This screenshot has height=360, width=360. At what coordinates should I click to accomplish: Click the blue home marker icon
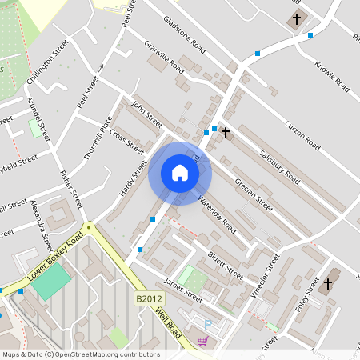click(x=179, y=173)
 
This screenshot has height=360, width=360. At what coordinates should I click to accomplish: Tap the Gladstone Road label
click(x=184, y=34)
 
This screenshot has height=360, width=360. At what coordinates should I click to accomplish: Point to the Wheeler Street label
click(x=265, y=277)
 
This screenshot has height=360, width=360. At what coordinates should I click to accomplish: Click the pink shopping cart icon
click(x=203, y=341)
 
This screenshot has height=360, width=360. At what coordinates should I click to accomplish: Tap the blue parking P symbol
click(x=209, y=324)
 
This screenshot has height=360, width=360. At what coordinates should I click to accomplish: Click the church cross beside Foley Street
click(x=327, y=283)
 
